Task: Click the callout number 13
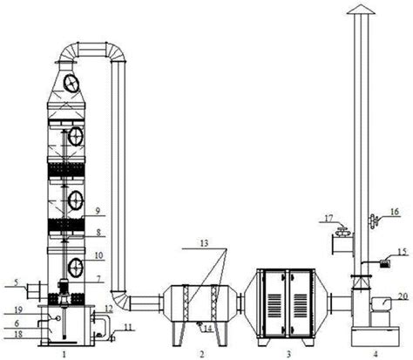coord(204,243)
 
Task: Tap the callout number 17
coord(328,218)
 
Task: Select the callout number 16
coord(394,212)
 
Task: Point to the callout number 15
coord(403,251)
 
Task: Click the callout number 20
coord(403,296)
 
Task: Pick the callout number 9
coord(98,211)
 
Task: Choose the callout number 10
coord(98,255)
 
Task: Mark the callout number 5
coord(17,282)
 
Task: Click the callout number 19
coord(18,309)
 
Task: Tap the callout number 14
coord(208,329)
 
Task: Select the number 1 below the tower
coord(64,354)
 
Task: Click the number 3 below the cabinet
coord(288,354)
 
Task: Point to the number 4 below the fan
coord(376,354)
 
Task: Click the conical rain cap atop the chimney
coord(362,10)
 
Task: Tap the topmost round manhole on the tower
coord(71,84)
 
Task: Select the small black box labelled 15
coord(384,264)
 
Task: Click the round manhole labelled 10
coord(76,268)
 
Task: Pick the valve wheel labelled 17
coord(342,230)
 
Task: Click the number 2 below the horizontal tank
coord(201,354)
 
